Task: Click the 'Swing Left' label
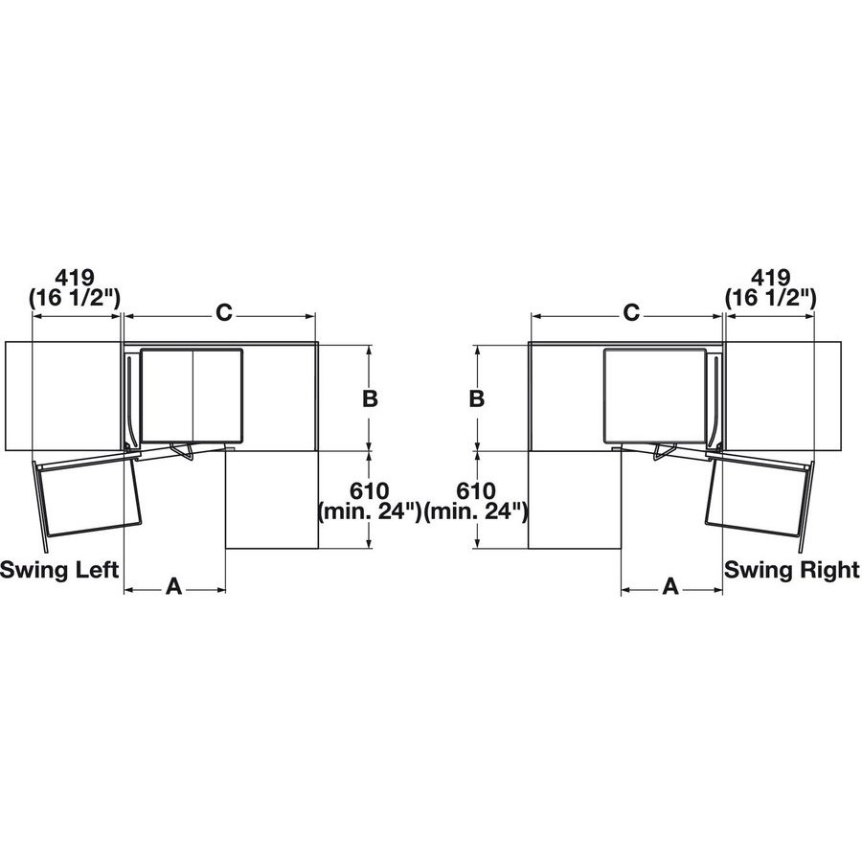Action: (59, 571)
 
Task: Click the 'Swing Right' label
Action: (791, 571)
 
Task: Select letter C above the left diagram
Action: (221, 312)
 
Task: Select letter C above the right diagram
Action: (631, 312)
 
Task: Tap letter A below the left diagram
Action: (174, 586)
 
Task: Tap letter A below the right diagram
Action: (670, 586)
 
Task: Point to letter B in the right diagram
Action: (476, 399)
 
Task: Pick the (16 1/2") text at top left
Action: (76, 299)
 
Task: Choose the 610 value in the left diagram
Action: (370, 491)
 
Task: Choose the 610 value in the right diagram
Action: (476, 491)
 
